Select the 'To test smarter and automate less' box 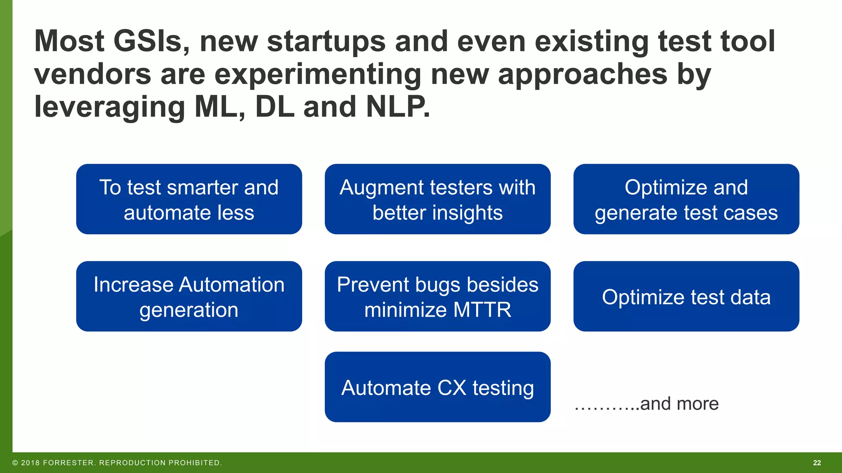click(189, 199)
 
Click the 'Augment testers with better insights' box click(437, 199)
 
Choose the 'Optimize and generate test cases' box click(686, 199)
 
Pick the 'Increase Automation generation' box click(189, 296)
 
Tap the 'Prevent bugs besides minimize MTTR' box click(437, 296)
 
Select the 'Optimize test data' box click(686, 296)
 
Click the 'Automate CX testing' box click(437, 387)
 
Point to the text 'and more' click(679, 404)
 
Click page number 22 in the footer click(817, 463)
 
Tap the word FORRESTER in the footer click(68, 463)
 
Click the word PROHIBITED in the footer click(194, 463)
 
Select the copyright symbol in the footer click(15, 463)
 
